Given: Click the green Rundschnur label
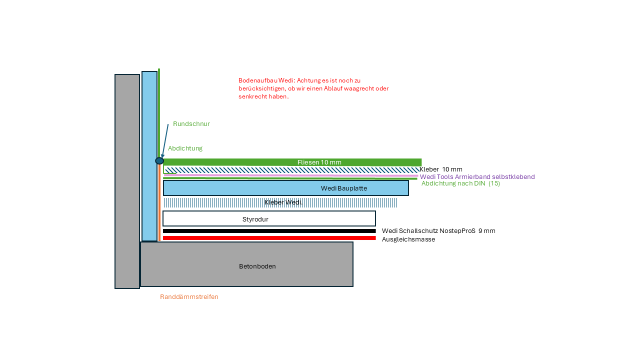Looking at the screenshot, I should [191, 124].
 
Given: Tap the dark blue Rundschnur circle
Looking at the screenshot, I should [159, 161].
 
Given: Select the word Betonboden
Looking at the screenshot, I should [257, 266].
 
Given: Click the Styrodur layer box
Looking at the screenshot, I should [269, 219].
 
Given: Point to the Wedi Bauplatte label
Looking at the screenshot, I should [344, 188].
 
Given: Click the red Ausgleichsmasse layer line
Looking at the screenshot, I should [269, 238].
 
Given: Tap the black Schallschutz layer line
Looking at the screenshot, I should [269, 231].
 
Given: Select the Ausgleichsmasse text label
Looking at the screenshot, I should [408, 239].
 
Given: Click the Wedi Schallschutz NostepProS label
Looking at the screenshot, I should [438, 231].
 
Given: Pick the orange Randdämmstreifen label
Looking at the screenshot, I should [189, 297].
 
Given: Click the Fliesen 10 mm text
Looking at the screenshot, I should [319, 162].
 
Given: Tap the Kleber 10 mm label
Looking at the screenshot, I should [440, 169].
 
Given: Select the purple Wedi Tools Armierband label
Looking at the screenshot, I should [477, 177].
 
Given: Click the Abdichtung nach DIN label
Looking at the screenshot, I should [460, 183].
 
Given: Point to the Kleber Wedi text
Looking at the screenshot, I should [282, 202].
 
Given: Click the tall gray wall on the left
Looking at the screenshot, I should [127, 181].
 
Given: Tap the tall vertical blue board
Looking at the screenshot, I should [149, 156].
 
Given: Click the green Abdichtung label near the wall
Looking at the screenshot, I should [185, 148].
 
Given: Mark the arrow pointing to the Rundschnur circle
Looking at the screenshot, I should [165, 141].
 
